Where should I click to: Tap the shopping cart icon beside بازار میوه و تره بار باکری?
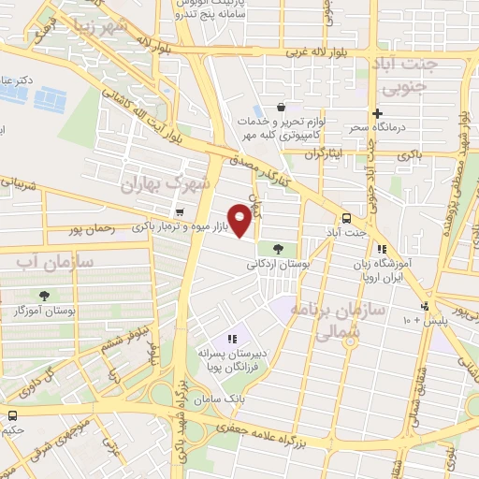coord(179,213)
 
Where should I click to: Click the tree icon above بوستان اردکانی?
coord(277,249)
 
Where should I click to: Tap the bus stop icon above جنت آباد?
coord(347,213)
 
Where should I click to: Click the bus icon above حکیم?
coord(13,415)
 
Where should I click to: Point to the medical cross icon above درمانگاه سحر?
coord(377,113)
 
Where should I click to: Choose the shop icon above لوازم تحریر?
coord(282,107)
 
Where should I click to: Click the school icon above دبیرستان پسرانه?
coord(232,339)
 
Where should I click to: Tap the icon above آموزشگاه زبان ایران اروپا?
coord(381,249)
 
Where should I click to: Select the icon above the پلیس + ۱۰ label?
coord(426,307)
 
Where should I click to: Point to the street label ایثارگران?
coord(328,150)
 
